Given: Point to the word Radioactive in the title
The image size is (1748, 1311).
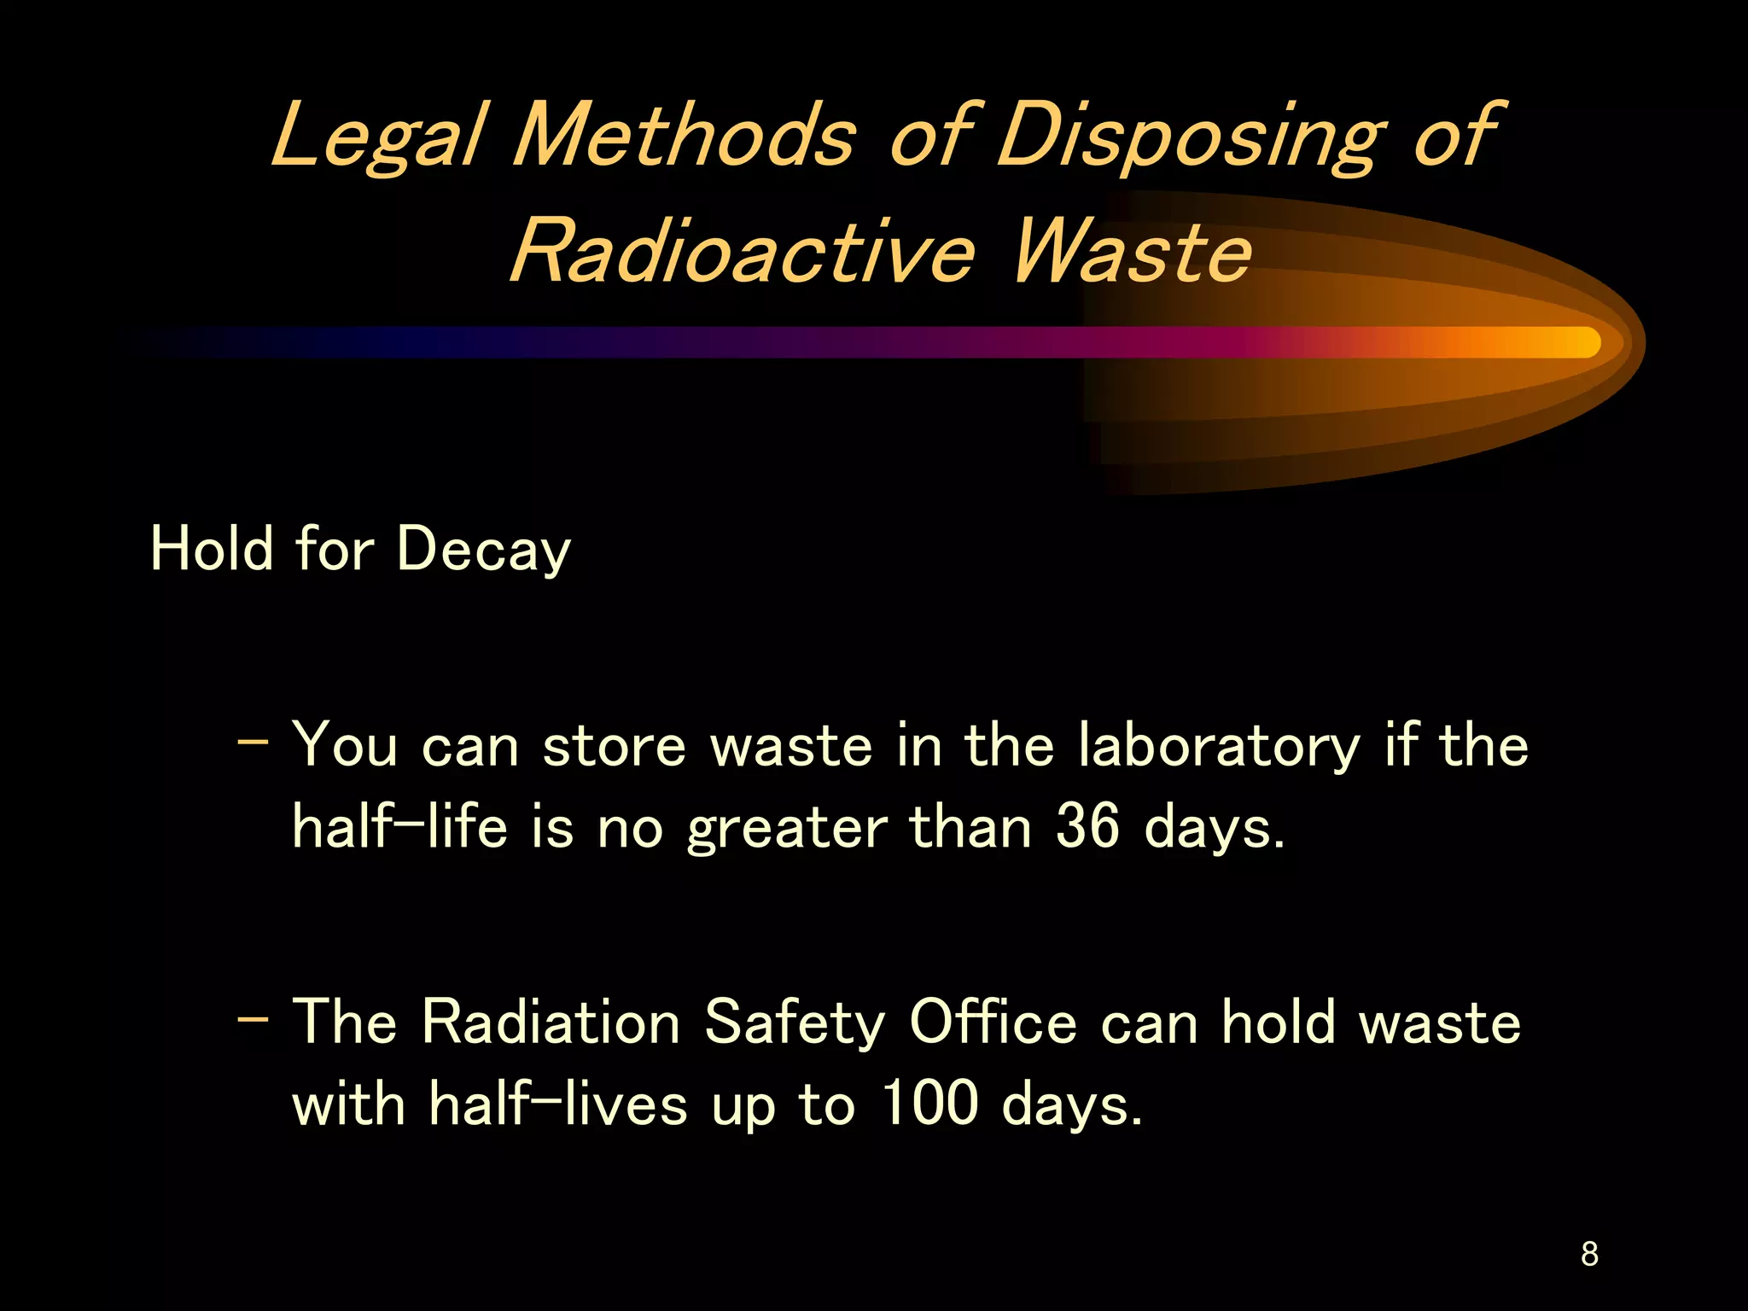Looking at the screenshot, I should pos(743,252).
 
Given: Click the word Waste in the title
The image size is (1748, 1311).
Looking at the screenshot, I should pos(1131,252).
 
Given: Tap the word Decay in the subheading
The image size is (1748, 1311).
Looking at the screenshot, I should pos(483,549).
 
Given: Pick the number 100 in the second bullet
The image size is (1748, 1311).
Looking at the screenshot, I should pos(929,1103).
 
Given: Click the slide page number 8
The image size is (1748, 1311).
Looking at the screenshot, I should pos(1589,1254).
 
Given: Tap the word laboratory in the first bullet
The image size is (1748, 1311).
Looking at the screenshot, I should pos(1218,746).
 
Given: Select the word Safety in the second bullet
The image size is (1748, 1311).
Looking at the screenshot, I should pos(795,1022).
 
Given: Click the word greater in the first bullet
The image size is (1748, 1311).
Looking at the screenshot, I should pos(786,828).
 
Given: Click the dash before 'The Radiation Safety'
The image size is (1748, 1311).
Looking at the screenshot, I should pos(253,1017).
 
